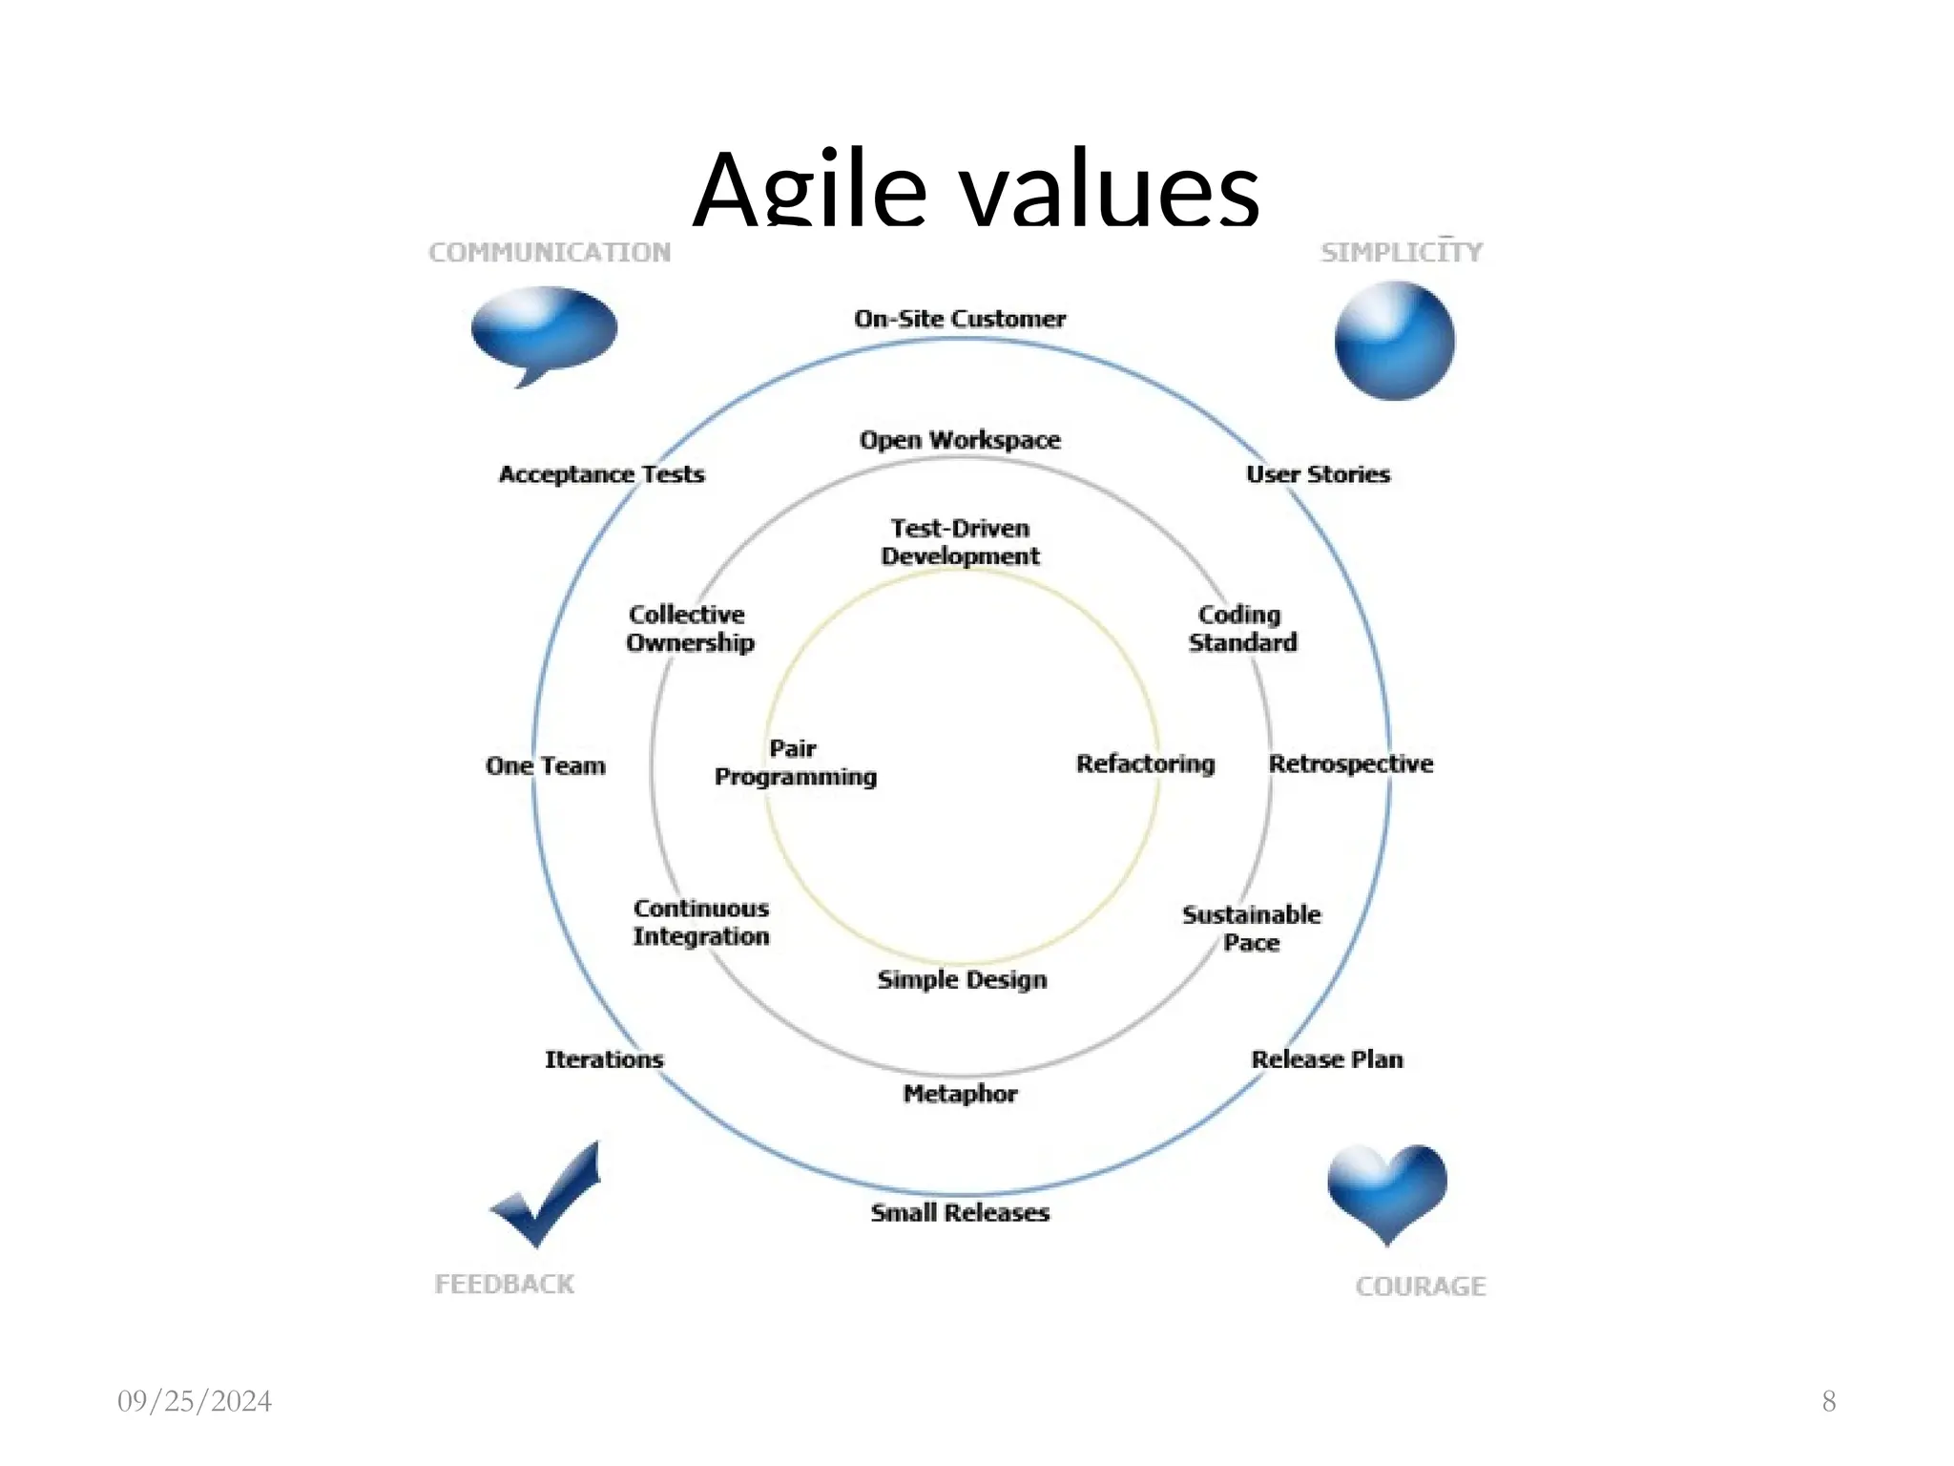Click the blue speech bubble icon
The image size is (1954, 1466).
tap(544, 330)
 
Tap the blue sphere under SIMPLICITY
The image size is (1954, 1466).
tap(1394, 341)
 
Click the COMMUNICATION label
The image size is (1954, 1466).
tap(550, 253)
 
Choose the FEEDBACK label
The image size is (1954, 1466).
tap(505, 1285)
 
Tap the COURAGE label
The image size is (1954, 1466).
tap(1421, 1287)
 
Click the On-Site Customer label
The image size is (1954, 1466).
tap(960, 319)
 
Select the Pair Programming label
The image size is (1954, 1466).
tap(796, 763)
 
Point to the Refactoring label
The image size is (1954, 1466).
tap(1145, 764)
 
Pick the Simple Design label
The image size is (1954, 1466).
tap(962, 979)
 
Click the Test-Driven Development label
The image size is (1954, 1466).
tap(960, 542)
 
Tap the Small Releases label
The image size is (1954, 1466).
tap(960, 1213)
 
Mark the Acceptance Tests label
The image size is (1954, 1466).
tap(602, 474)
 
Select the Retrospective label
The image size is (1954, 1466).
tap(1351, 764)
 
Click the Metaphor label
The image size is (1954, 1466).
tap(960, 1094)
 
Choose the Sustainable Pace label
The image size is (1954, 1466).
tap(1252, 929)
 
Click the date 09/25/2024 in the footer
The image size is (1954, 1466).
tap(195, 1401)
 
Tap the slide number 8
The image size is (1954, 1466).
tap(1829, 1401)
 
